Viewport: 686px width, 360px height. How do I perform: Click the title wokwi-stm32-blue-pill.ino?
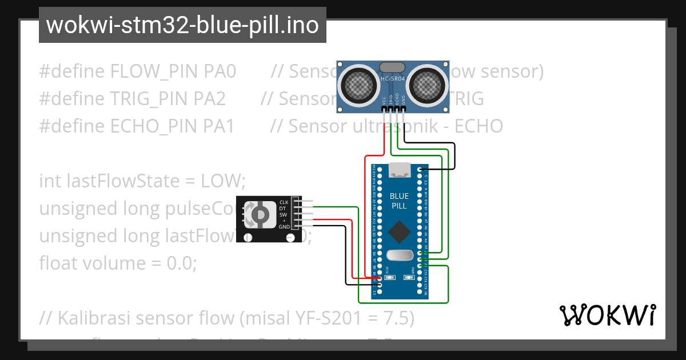[182, 26]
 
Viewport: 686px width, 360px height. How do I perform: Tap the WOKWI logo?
[607, 315]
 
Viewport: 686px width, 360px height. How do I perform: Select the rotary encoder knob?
[259, 214]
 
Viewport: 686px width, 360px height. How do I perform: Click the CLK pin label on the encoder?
[284, 202]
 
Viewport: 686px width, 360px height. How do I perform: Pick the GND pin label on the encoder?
[284, 227]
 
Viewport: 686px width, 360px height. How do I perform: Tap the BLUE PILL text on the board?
[399, 201]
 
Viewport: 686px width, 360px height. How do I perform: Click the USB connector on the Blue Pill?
[399, 170]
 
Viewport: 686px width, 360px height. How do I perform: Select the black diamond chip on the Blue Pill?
[399, 232]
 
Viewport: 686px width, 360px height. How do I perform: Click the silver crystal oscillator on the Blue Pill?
[399, 255]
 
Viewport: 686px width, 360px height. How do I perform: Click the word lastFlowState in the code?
[126, 181]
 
